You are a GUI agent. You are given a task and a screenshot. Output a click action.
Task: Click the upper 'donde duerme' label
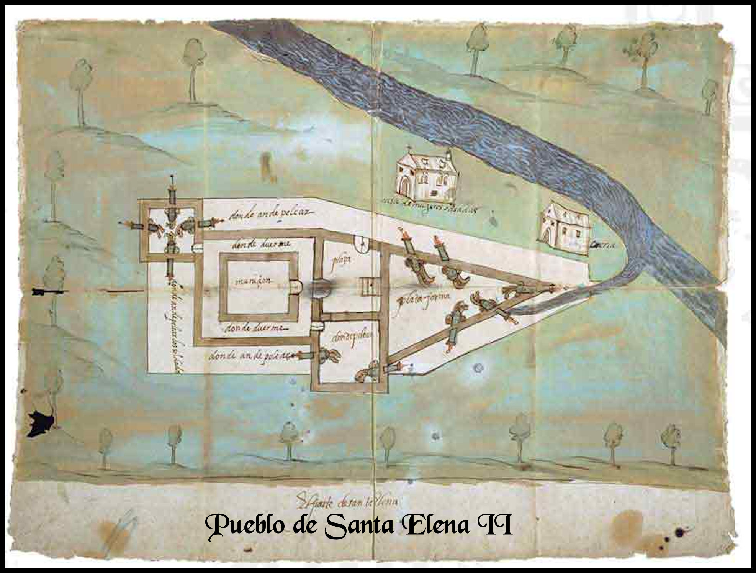click(x=259, y=245)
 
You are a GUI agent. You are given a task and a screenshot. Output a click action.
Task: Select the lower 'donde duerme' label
click(x=257, y=328)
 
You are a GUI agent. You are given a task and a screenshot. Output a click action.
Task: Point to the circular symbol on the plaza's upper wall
click(x=361, y=243)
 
